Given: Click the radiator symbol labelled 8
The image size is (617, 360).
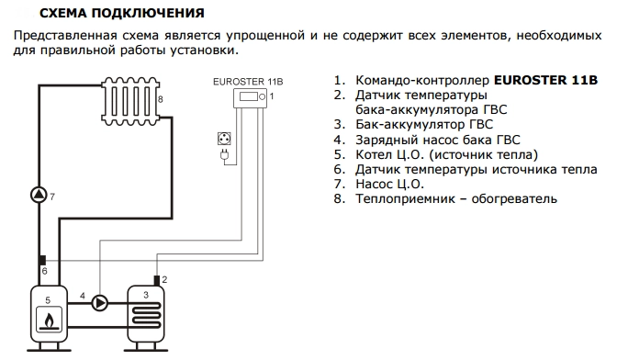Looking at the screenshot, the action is (130, 101).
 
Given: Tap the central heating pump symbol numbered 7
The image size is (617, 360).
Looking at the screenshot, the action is (39, 195).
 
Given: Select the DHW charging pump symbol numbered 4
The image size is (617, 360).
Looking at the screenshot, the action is (99, 303).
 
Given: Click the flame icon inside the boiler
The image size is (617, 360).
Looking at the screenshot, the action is (49, 320).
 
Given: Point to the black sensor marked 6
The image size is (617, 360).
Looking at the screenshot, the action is (42, 260).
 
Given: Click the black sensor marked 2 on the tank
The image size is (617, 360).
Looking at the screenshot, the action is (157, 280).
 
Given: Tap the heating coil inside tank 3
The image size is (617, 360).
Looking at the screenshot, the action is (146, 315).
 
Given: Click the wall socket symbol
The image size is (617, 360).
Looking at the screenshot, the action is (224, 139).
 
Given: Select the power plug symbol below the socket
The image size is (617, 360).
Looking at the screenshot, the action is (224, 154).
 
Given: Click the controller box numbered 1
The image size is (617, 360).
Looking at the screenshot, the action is (250, 97).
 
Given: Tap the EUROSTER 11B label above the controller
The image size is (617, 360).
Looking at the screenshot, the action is (248, 82).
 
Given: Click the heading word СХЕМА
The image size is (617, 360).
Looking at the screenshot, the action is (62, 13).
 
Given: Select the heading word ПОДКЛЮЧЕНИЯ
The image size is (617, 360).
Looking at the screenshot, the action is (148, 13).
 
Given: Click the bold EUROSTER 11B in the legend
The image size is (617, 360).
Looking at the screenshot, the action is (545, 80).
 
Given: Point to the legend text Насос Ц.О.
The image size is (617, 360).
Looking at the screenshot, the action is (389, 184).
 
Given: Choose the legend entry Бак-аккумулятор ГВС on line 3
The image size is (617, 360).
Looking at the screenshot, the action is (424, 124).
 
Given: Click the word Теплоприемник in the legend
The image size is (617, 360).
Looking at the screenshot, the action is (405, 199).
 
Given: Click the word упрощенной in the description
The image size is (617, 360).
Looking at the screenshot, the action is (265, 36).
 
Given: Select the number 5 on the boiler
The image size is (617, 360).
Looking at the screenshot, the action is (48, 300).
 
